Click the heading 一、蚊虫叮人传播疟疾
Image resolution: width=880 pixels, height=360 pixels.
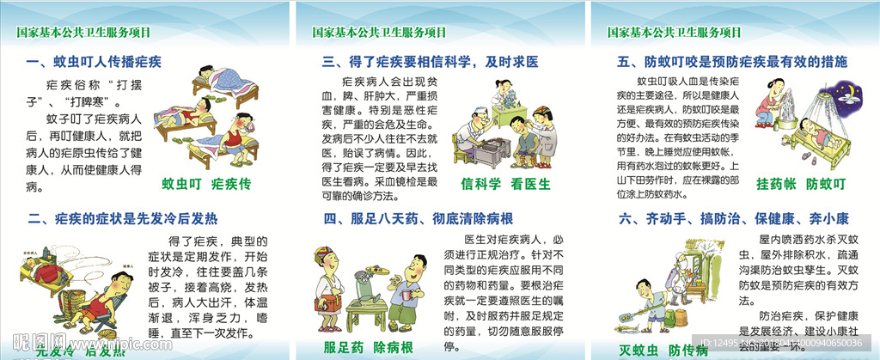[95, 62]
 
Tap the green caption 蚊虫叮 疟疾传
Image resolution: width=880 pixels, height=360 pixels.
[206, 184]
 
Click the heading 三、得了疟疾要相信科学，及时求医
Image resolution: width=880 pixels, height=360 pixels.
[430, 62]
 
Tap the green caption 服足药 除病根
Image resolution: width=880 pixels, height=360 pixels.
[367, 346]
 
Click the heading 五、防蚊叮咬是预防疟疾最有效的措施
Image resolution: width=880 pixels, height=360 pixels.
[732, 62]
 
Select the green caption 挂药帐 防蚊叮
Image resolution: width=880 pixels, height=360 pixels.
[800, 184]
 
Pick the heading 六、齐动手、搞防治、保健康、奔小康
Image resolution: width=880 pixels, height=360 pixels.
[727, 219]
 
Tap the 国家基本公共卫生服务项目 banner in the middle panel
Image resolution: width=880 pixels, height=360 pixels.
[379, 33]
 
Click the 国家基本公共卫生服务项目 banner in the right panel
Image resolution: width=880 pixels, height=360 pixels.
[674, 33]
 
